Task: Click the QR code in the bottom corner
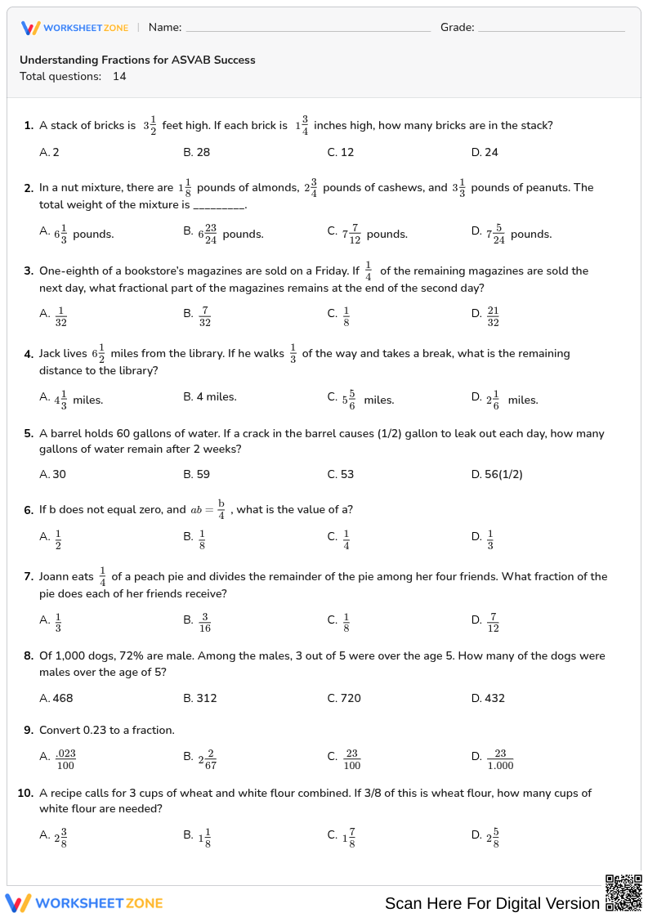[x=623, y=892]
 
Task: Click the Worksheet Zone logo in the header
[x=74, y=28]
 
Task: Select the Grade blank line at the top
[x=551, y=28]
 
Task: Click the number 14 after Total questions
[x=119, y=77]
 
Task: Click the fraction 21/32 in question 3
[x=493, y=314]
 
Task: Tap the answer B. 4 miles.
[x=210, y=397]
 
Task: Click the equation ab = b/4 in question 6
[x=208, y=510]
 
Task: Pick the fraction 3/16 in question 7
[x=205, y=622]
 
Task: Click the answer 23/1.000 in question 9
[x=500, y=759]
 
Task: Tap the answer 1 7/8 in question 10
[x=349, y=838]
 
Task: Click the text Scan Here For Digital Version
[x=492, y=903]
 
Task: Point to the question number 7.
[x=28, y=577]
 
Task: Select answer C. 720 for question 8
[x=344, y=698]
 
